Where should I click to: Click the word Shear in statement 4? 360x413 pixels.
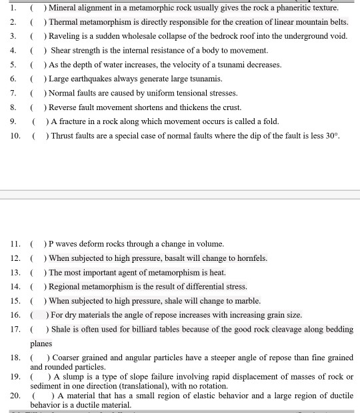pyautogui.click(x=61, y=51)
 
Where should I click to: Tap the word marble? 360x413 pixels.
pyautogui.click(x=247, y=301)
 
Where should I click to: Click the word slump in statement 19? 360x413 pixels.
pyautogui.click(x=75, y=377)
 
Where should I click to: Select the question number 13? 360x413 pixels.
pyautogui.click(x=15, y=272)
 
